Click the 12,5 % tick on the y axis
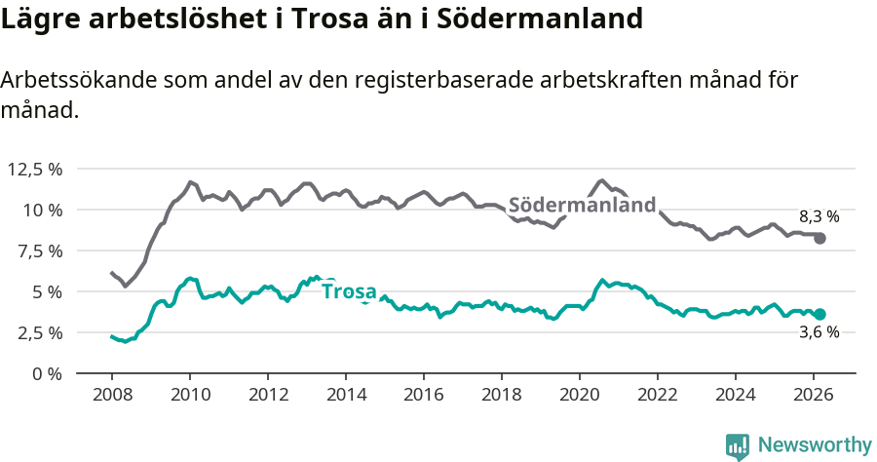(34, 169)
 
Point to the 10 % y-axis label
(42, 210)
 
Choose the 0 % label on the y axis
(46, 373)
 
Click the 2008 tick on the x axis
(112, 394)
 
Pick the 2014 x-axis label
(346, 394)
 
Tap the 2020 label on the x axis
(580, 394)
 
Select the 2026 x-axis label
(814, 394)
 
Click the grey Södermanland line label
(582, 206)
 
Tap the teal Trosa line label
(349, 290)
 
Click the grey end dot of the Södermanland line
(820, 238)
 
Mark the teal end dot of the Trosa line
(820, 314)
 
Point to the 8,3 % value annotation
(819, 216)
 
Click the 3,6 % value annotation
(819, 332)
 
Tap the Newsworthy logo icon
(738, 445)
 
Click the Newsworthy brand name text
(814, 445)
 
